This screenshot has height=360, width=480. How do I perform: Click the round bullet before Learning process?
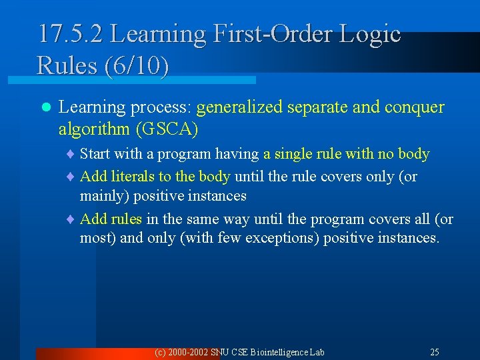tap(46, 108)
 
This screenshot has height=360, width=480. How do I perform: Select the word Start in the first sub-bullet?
tap(95, 154)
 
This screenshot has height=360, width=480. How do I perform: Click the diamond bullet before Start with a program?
tap(73, 155)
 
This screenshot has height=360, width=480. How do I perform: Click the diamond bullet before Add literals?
tap(73, 177)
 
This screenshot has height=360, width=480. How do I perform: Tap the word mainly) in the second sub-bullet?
tap(106, 196)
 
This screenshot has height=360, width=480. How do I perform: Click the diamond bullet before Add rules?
tap(73, 220)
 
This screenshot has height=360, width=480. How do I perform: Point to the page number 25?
tap(435, 352)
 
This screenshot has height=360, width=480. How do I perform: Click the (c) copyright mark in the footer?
tap(160, 352)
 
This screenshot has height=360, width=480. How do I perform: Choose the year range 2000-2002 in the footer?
tap(189, 352)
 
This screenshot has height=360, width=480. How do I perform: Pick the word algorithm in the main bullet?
tap(90, 128)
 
